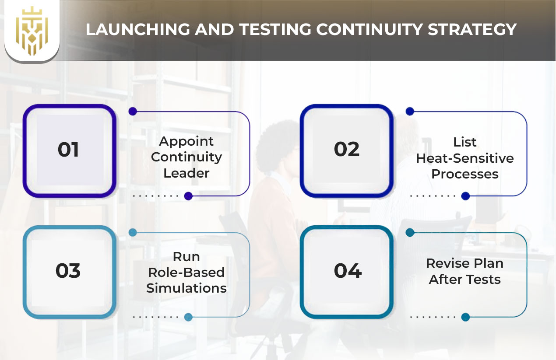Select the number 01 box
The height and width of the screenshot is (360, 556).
[x=69, y=150]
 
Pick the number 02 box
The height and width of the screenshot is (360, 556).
[x=347, y=150]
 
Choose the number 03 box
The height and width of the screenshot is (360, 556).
[x=69, y=271]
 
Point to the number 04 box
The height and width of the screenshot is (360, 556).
[x=347, y=271]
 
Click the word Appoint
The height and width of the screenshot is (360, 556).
[x=187, y=142]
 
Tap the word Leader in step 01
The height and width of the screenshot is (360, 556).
[x=187, y=173]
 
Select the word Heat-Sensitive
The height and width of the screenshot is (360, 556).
[x=465, y=158]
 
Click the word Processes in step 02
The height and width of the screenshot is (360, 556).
[x=465, y=174]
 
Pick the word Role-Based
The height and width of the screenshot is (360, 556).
[x=187, y=272]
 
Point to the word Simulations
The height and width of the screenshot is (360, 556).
[x=187, y=288]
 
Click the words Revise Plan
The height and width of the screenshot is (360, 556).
[x=465, y=263]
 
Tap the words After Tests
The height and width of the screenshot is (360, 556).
[x=465, y=280]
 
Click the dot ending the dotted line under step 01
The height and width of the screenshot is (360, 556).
[x=188, y=196]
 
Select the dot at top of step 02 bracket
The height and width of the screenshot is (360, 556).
[x=410, y=112]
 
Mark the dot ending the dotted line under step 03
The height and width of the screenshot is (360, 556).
[x=188, y=317]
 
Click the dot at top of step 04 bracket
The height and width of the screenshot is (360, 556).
[x=410, y=233]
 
